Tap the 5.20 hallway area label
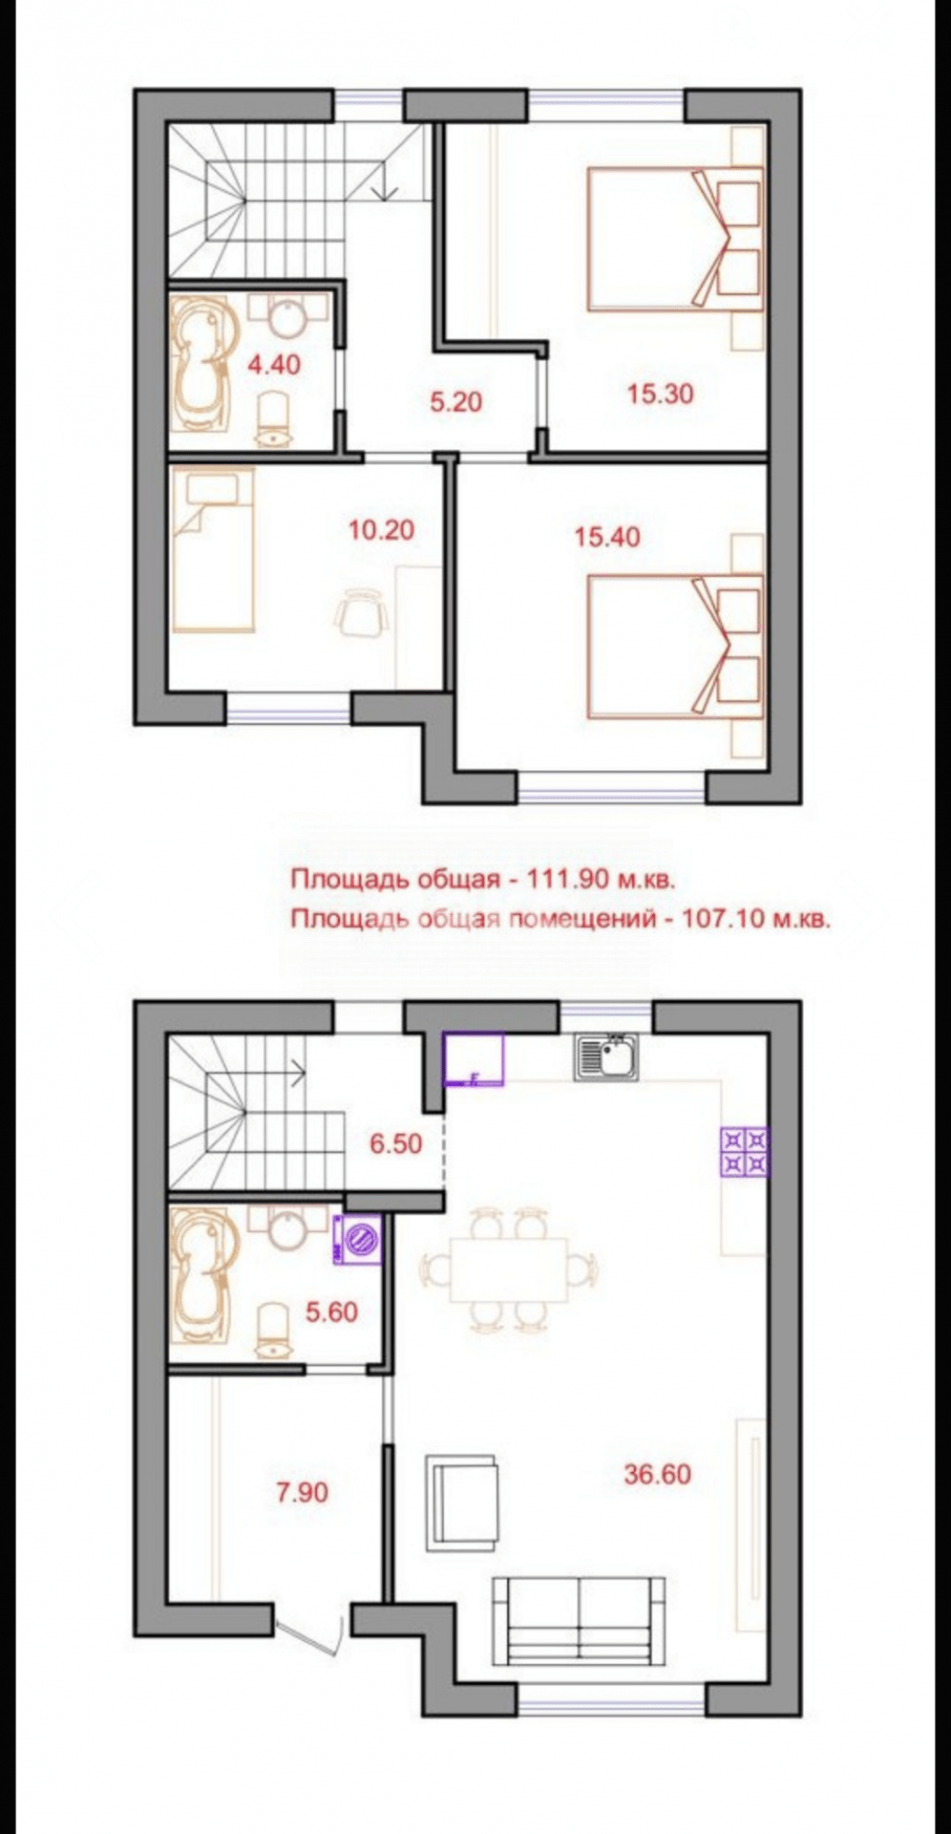click(x=455, y=402)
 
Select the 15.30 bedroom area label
click(x=660, y=393)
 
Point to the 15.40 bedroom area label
click(x=607, y=537)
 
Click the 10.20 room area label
click(x=381, y=528)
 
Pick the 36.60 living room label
click(x=657, y=1474)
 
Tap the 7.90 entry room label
click(x=302, y=1491)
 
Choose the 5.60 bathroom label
click(x=331, y=1312)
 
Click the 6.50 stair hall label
click(x=396, y=1142)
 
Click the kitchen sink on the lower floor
click(x=605, y=1058)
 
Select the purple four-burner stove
click(x=744, y=1151)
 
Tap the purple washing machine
click(x=358, y=1240)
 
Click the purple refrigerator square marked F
click(x=474, y=1059)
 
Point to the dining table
click(x=510, y=1269)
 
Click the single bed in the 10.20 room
click(x=214, y=550)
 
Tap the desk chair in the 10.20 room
click(x=363, y=611)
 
